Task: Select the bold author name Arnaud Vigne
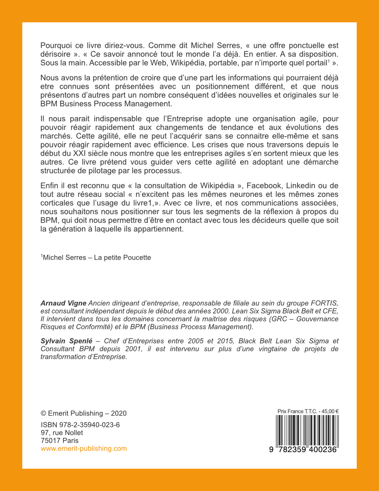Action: click(63, 303)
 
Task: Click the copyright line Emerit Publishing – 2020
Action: click(84, 413)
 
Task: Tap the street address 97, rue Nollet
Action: click(62, 433)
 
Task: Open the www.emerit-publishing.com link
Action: click(84, 448)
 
